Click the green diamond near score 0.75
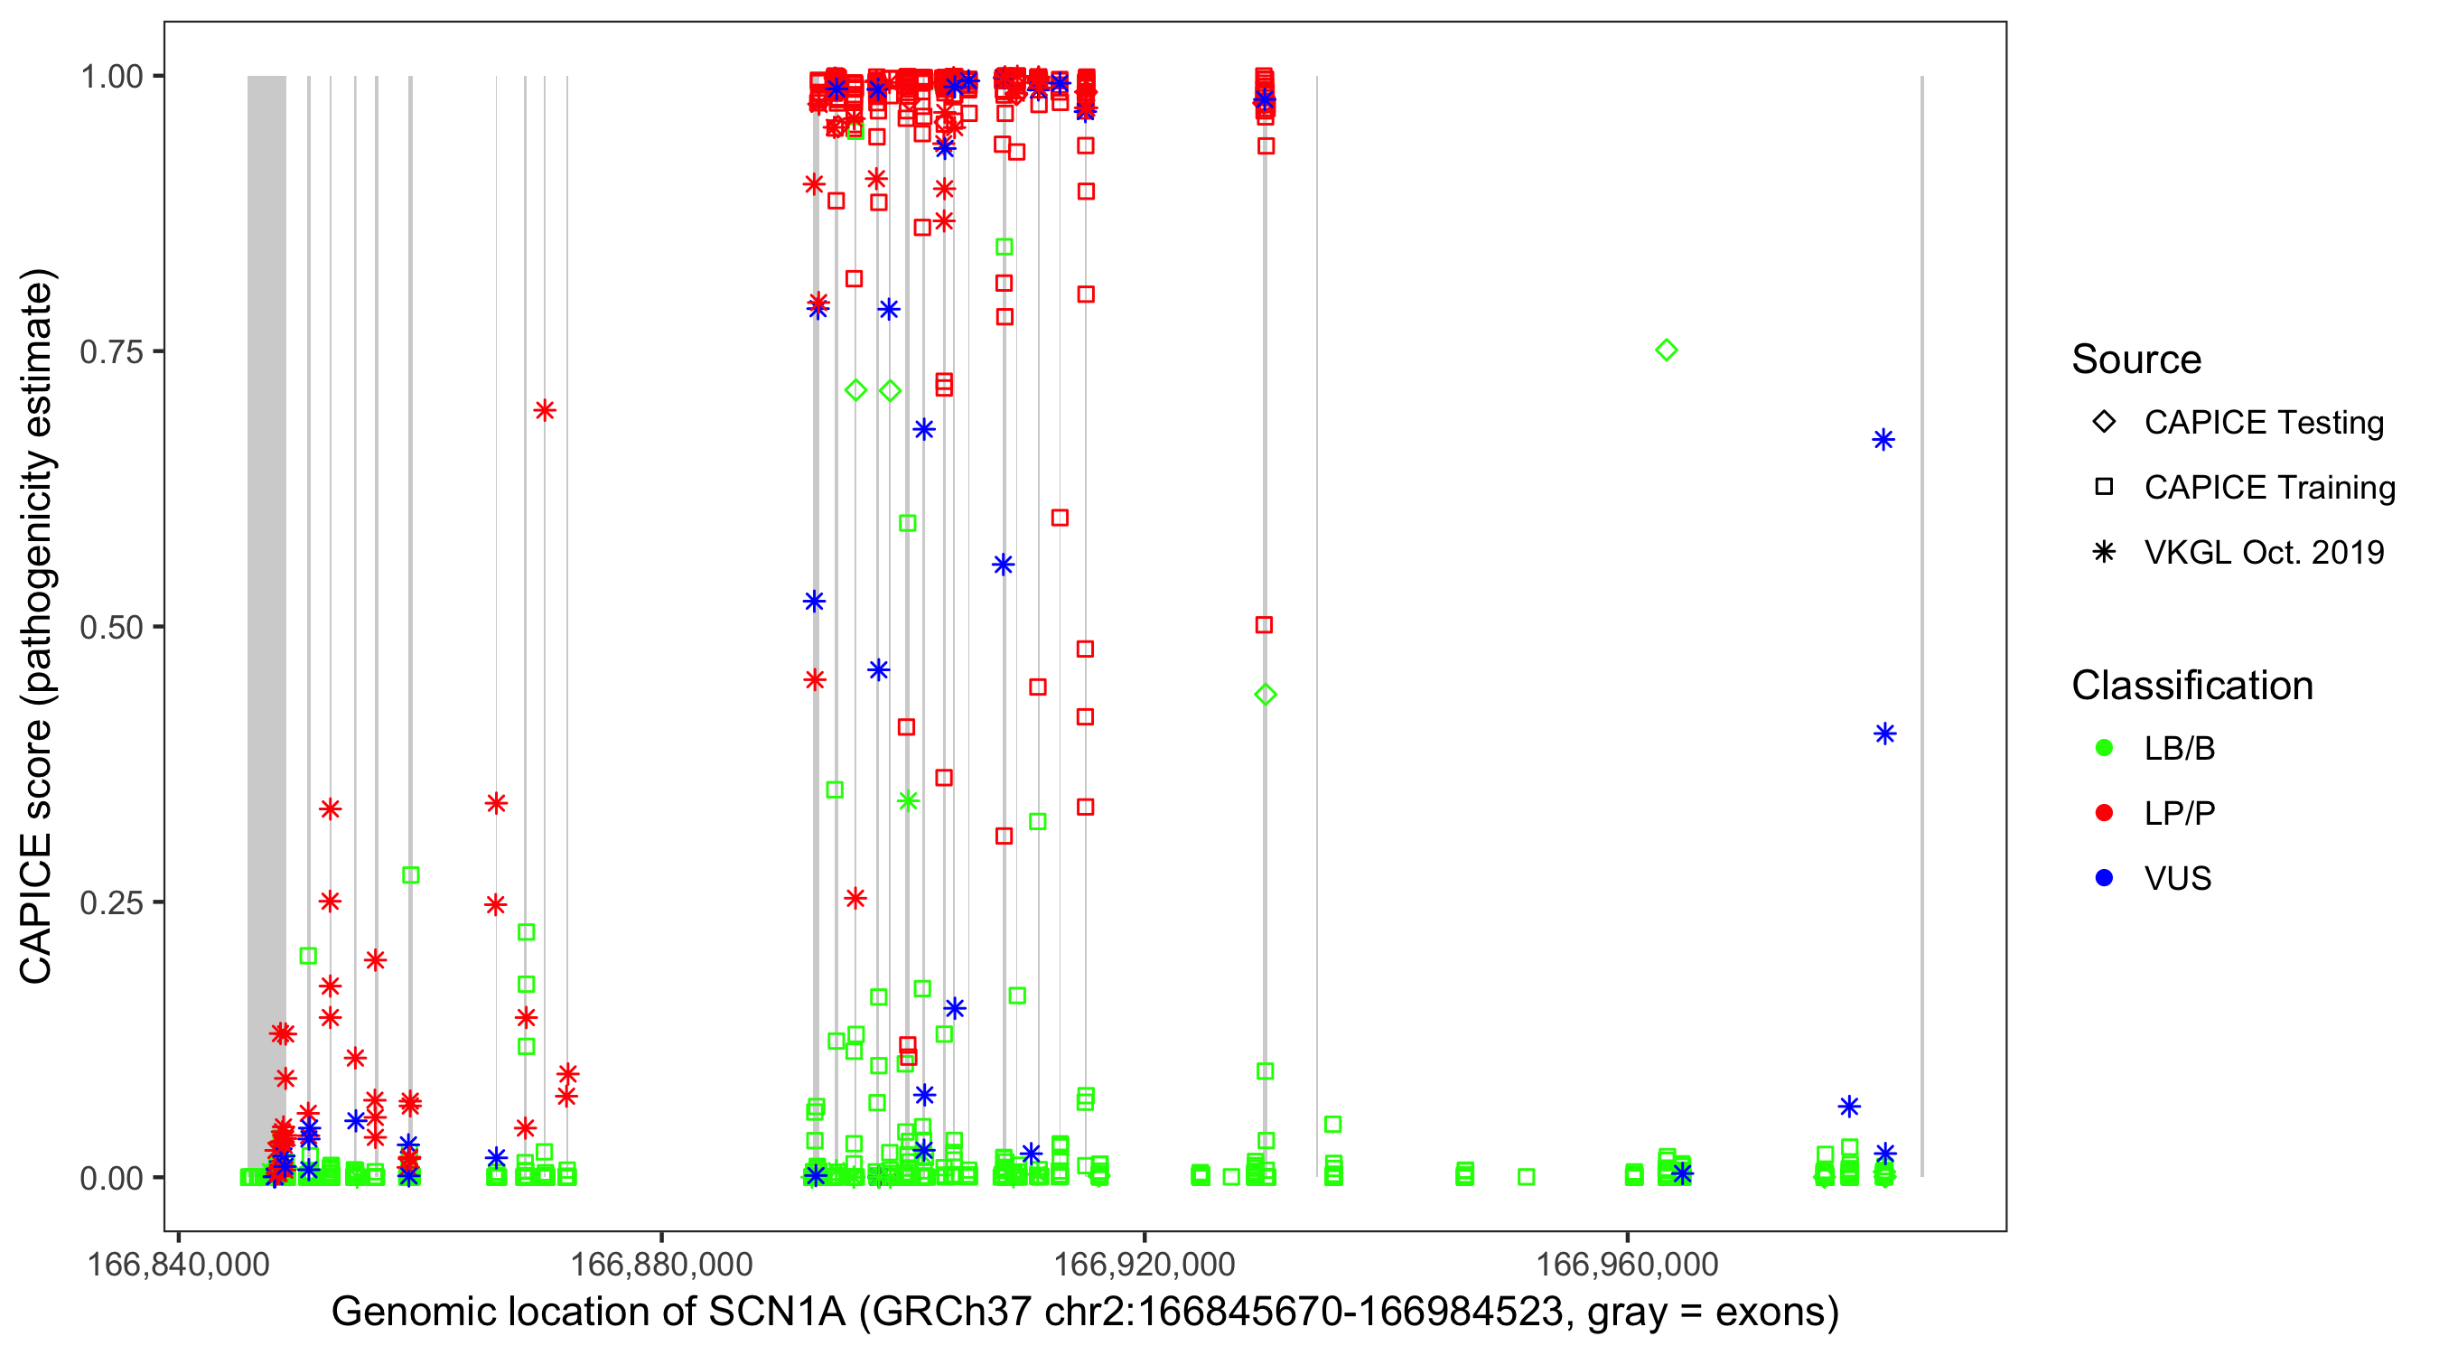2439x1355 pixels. [x=1667, y=350]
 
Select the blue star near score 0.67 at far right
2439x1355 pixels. [x=1883, y=439]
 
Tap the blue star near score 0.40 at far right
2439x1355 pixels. [x=1884, y=733]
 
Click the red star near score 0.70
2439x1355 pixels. [x=545, y=410]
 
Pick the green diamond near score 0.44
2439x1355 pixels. [x=1266, y=694]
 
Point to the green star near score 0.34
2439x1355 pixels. [x=908, y=801]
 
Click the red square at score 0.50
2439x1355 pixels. [x=1264, y=625]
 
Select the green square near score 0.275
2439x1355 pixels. [x=411, y=875]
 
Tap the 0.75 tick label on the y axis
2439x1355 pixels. [x=110, y=351]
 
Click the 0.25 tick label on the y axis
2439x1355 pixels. [x=110, y=902]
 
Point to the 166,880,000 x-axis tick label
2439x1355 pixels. [x=661, y=1264]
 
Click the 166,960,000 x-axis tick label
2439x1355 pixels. [x=1627, y=1264]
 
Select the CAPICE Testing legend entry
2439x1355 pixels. [x=2264, y=423]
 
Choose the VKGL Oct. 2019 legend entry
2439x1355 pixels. [x=2264, y=552]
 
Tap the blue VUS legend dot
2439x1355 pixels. [x=2105, y=878]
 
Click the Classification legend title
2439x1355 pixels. [x=2191, y=685]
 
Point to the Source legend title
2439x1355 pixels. [x=2136, y=359]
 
